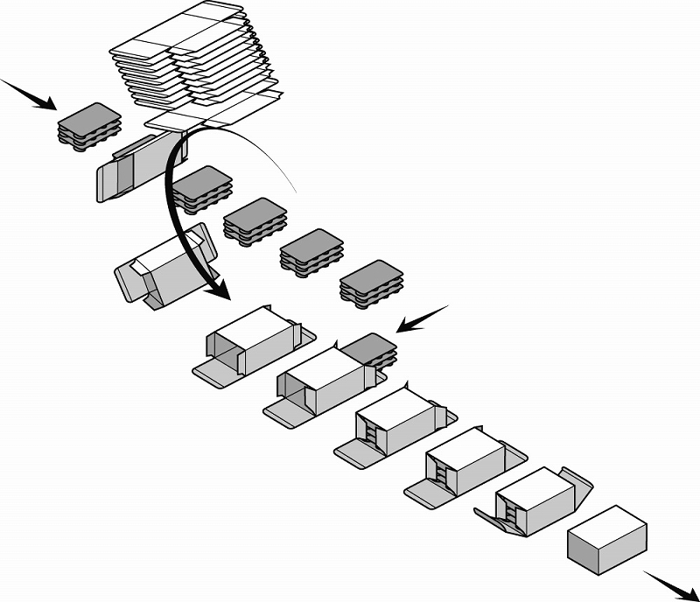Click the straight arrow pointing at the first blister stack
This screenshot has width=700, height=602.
[x=31, y=95]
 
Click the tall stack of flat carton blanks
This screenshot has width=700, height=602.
[x=192, y=61]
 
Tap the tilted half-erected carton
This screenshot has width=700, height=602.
[x=166, y=267]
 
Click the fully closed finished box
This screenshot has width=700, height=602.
[x=607, y=542]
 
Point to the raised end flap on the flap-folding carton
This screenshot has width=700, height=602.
[x=578, y=486]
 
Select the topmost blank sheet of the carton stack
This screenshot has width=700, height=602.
[x=184, y=31]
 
